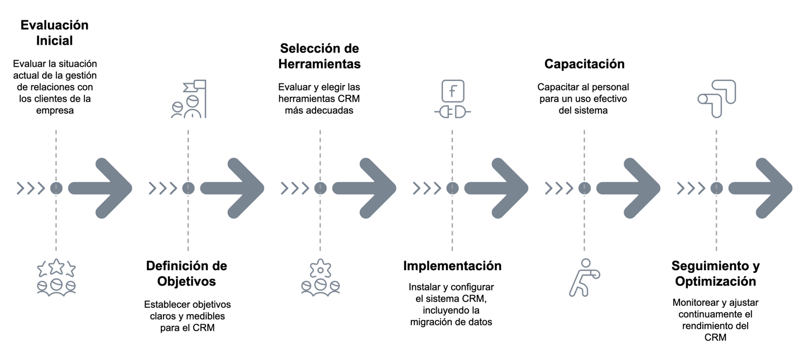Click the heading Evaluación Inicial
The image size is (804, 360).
tap(55, 33)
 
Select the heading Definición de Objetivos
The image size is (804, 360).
tap(187, 273)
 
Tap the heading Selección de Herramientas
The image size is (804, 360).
tap(319, 56)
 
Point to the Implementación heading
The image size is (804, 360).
tap(452, 266)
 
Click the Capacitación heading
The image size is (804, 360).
tap(584, 64)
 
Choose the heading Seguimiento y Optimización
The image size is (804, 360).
tap(716, 273)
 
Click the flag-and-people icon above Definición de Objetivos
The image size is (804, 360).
tap(188, 99)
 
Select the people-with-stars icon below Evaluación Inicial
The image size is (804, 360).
tap(56, 278)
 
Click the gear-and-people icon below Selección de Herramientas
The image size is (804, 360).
tap(320, 278)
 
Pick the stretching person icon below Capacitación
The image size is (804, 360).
tap(584, 277)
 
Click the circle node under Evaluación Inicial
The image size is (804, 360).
tap(56, 188)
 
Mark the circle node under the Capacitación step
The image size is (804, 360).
tap(584, 188)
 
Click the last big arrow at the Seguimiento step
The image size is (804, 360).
tap(760, 188)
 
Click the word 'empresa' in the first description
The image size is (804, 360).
tap(55, 111)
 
